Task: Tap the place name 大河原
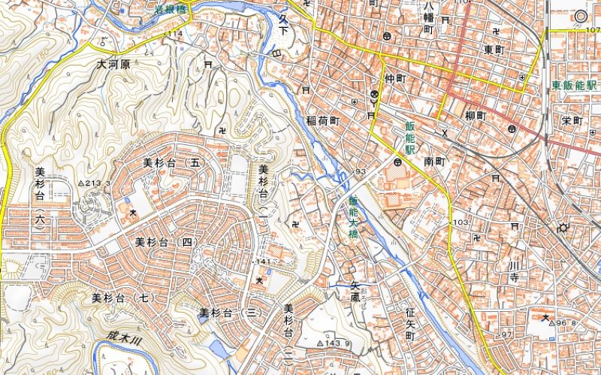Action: tap(113, 65)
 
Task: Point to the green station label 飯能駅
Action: tap(410, 138)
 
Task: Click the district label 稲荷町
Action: tap(324, 120)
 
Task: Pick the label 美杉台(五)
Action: tap(174, 162)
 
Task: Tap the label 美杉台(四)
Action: tap(166, 242)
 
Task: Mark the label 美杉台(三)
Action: tap(229, 312)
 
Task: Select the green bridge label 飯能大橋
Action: tap(353, 218)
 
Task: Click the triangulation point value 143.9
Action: tap(337, 343)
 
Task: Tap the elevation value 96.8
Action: tap(566, 324)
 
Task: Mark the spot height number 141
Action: tap(263, 261)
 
